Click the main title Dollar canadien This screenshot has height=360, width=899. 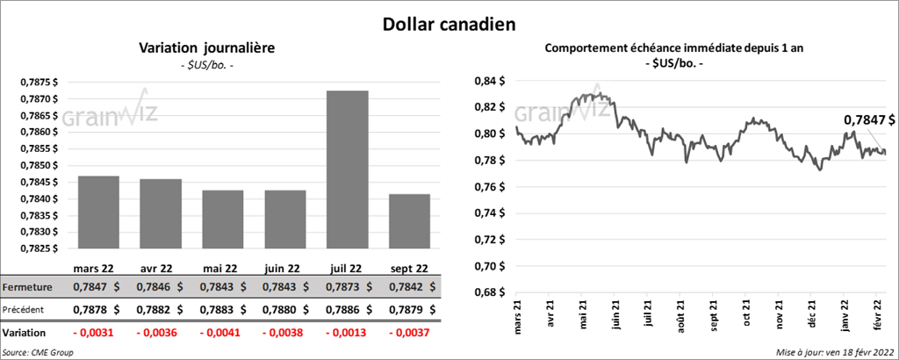click(449, 22)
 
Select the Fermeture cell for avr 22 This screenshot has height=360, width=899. click(161, 287)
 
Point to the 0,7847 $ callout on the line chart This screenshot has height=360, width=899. click(869, 119)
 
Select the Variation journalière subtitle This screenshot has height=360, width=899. click(207, 48)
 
